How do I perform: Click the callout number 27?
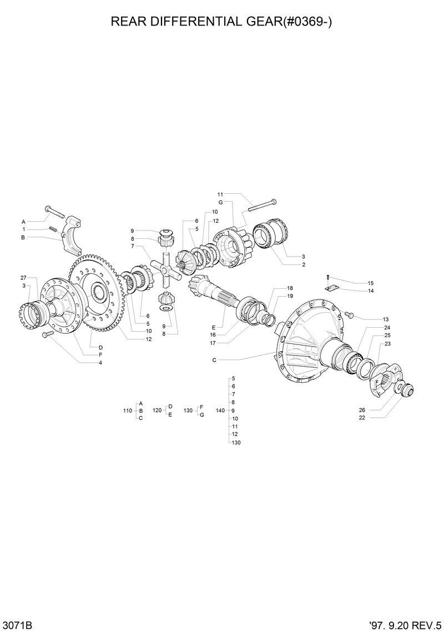click(x=23, y=277)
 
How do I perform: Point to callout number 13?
click(x=385, y=319)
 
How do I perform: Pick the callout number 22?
click(x=361, y=417)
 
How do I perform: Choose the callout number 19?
click(x=290, y=296)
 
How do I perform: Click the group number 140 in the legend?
click(x=220, y=410)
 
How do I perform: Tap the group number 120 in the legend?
click(x=157, y=410)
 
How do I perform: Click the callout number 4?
click(x=100, y=362)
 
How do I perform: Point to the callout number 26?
click(x=361, y=409)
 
